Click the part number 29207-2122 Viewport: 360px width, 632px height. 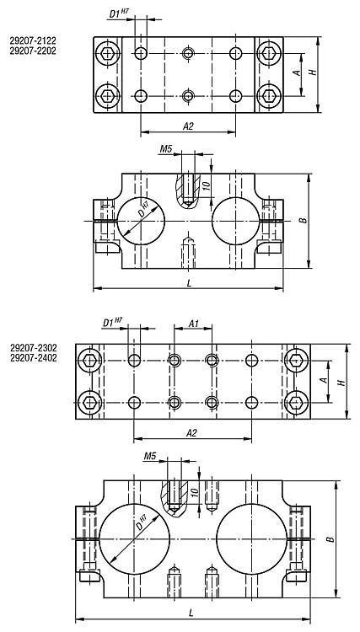click(x=33, y=40)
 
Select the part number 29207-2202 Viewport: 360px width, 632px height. click(x=33, y=51)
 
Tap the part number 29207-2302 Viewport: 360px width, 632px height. click(x=34, y=347)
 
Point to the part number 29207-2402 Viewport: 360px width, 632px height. click(x=34, y=358)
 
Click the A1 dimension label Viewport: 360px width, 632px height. click(x=194, y=323)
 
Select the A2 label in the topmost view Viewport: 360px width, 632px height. click(x=188, y=126)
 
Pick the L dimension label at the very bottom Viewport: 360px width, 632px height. click(x=191, y=613)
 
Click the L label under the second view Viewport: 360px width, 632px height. click(x=189, y=283)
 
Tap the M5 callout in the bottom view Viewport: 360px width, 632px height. click(x=150, y=456)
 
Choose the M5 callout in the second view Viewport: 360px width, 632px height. click(x=166, y=149)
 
